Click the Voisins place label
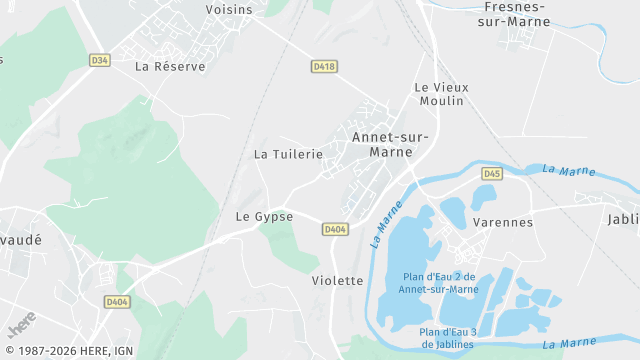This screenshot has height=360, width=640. tap(228, 9)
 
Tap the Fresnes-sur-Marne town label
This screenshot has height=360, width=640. tap(515, 13)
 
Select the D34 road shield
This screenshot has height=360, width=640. tap(99, 60)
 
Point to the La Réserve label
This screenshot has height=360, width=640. tap(170, 67)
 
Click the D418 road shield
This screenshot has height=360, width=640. tap(323, 67)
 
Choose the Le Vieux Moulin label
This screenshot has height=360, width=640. tap(440, 94)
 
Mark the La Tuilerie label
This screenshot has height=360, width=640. tap(288, 154)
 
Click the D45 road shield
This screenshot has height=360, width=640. tap(491, 174)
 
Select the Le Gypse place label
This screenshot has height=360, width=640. tap(264, 216)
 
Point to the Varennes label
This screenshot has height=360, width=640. tap(502, 222)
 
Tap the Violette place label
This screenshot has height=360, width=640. tap(337, 281)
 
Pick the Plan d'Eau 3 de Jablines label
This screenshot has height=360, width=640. tap(448, 338)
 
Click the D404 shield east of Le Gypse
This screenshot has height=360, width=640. tap(335, 230)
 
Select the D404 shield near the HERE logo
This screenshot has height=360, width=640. tap(117, 301)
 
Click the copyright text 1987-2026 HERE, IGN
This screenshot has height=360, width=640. tap(67, 351)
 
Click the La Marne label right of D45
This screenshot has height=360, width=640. tap(562, 170)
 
